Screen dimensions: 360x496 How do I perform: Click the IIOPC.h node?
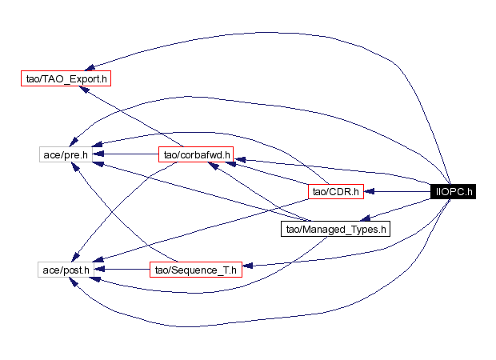(x=453, y=191)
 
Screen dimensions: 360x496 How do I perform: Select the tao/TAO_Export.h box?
(x=64, y=78)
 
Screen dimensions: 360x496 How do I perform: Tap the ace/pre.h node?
(x=63, y=152)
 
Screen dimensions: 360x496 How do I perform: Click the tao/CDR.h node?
(x=336, y=191)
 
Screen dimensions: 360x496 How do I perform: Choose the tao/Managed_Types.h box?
(x=334, y=230)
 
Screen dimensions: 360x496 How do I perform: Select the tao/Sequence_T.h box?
(x=194, y=270)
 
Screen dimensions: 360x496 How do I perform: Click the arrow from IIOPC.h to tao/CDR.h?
(x=397, y=191)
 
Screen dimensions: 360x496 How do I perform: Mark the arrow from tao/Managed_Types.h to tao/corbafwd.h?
(x=256, y=193)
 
